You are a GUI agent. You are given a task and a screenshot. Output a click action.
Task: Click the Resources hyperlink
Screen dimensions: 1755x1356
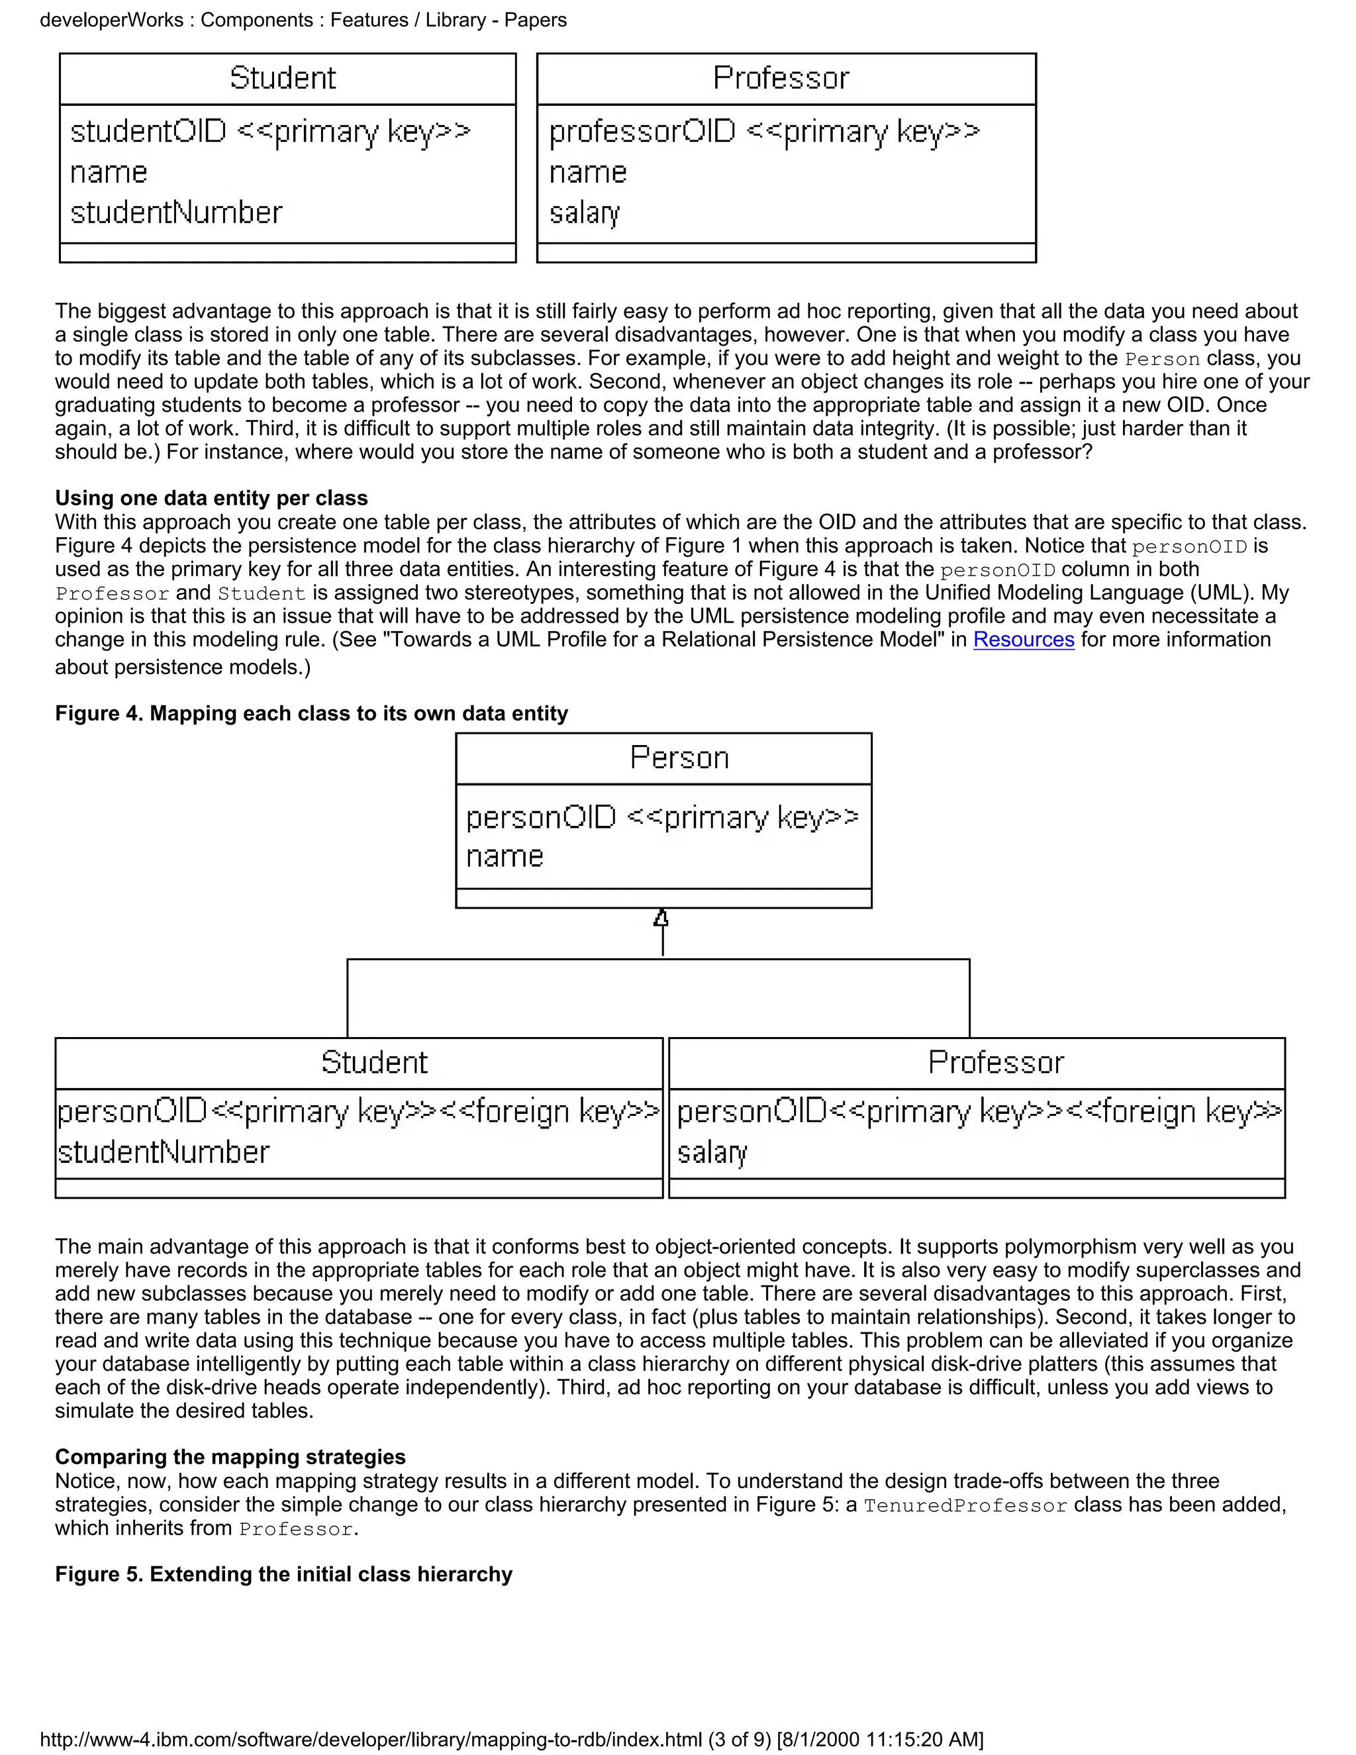pos(1024,640)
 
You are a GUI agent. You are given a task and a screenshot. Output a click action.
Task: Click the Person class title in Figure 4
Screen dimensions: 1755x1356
pos(679,758)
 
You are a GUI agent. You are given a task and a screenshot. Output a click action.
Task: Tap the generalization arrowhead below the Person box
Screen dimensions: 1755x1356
pos(661,919)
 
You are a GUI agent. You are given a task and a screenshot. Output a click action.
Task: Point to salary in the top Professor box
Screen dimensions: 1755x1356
pos(584,213)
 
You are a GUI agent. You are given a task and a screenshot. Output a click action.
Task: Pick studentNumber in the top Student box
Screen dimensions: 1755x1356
pos(176,213)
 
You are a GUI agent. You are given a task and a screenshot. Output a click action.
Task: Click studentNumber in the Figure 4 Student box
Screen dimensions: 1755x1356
pos(163,1152)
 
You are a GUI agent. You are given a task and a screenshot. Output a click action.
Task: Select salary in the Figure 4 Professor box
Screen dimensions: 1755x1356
pos(712,1152)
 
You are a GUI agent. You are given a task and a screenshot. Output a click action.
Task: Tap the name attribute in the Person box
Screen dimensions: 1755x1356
pos(505,856)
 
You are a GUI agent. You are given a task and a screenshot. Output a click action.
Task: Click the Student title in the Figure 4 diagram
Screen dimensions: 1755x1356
pos(374,1062)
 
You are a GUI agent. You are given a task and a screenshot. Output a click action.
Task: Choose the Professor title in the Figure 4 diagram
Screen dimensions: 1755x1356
pos(995,1062)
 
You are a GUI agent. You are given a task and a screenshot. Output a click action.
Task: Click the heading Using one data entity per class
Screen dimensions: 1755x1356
pos(211,498)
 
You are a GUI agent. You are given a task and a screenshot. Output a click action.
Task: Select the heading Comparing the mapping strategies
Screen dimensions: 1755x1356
pos(230,1457)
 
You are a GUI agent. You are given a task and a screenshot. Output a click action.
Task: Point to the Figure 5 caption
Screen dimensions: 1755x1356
pos(283,1574)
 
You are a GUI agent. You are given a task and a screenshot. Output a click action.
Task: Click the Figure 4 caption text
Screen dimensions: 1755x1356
pos(311,713)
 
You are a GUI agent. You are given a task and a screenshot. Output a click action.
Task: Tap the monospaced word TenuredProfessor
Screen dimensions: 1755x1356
pos(965,1506)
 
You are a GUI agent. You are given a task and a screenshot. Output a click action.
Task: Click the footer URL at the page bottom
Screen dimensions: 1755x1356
pos(511,1739)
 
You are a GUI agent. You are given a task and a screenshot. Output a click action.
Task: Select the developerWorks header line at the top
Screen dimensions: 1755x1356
pos(303,20)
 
